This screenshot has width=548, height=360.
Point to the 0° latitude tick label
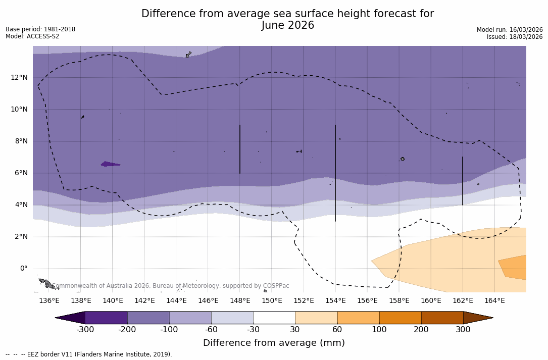tap(23, 269)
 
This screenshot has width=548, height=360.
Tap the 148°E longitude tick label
tap(240, 301)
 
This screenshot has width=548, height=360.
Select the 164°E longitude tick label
tap(494, 301)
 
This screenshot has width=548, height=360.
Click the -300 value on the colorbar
tap(85, 330)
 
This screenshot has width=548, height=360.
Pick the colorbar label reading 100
tap(379, 330)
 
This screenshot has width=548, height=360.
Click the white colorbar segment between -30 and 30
tap(274, 318)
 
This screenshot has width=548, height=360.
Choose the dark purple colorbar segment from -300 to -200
tap(106, 318)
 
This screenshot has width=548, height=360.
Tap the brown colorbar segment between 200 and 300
tap(442, 318)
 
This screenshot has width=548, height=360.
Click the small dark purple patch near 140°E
tap(110, 164)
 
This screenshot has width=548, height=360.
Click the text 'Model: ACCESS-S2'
tap(32, 36)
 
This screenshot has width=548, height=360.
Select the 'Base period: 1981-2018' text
tap(40, 29)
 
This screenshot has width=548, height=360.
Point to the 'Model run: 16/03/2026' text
tap(510, 30)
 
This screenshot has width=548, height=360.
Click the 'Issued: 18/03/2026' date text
tap(515, 37)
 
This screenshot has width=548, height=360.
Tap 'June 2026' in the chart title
tap(288, 26)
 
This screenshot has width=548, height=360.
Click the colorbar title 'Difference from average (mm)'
tap(274, 343)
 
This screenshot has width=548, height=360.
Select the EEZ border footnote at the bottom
tap(88, 354)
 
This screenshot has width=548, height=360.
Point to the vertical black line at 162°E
tap(463, 181)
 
